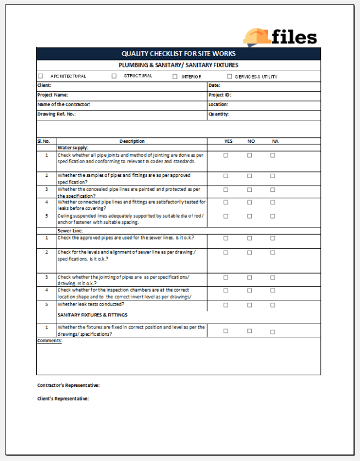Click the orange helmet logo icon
[256, 37]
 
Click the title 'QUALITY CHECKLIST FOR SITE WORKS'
[179, 54]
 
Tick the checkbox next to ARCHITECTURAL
[40, 76]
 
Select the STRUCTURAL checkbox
[114, 76]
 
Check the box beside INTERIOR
[175, 76]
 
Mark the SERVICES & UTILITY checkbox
[230, 76]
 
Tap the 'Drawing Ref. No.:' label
[56, 114]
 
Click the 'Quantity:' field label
[218, 114]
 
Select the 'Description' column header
[132, 141]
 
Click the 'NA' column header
[275, 141]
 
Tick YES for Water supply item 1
[226, 155]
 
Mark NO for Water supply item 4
[250, 202]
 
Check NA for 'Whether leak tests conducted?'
[273, 305]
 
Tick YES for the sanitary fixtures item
[226, 331]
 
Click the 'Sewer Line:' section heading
[70, 231]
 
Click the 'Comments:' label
[49, 341]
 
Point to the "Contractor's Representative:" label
[68, 385]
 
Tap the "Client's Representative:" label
[63, 399]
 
